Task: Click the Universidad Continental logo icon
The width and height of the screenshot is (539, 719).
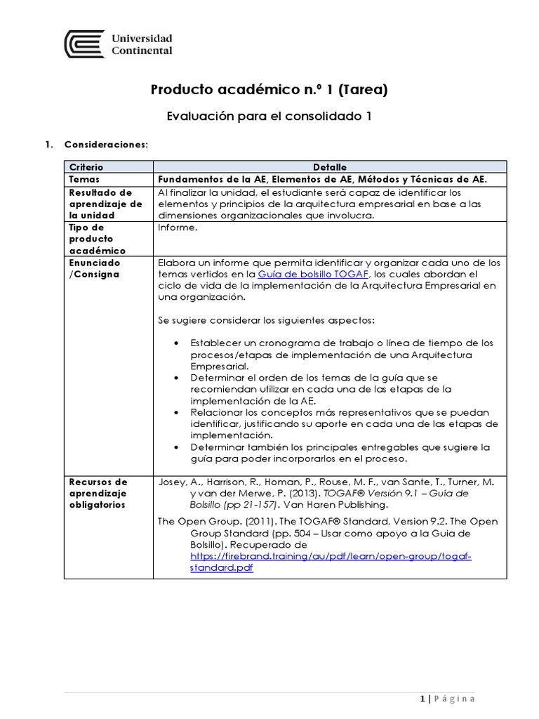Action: point(84,44)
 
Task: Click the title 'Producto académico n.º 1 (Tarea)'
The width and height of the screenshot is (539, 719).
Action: point(269,90)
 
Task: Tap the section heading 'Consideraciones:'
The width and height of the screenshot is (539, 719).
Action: point(106,145)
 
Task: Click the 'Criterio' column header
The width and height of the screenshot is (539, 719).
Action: point(86,167)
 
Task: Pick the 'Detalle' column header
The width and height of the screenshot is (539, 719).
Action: point(329,167)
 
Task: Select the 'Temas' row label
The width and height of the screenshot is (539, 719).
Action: point(85,179)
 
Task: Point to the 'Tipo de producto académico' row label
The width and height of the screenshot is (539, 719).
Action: point(98,239)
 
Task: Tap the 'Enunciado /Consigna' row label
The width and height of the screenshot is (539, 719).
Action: point(94,268)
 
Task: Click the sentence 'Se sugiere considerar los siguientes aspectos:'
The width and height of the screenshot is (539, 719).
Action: point(267,320)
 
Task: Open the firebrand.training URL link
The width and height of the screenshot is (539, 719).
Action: point(330,556)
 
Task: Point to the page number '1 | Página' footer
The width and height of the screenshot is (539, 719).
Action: point(447,698)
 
